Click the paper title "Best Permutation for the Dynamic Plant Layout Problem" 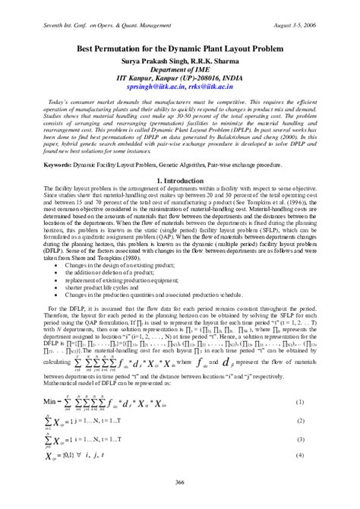(x=180, y=47)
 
